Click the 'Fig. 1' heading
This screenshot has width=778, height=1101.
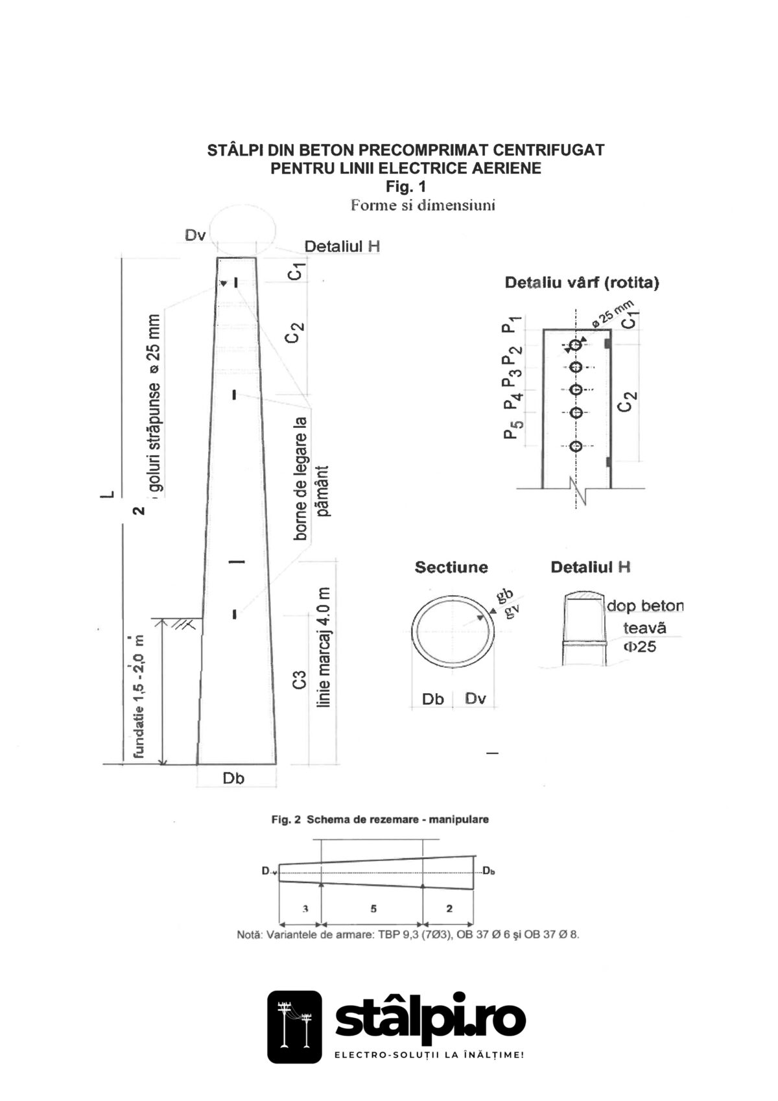[406, 187]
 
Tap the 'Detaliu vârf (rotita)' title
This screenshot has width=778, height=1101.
[582, 283]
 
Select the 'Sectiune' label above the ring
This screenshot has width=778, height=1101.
[451, 567]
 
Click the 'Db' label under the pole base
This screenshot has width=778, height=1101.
[233, 779]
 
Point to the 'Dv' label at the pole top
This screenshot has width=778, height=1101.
[195, 235]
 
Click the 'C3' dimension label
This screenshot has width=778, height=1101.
[299, 681]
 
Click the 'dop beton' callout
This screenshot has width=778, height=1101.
[644, 606]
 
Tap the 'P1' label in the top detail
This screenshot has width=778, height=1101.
[510, 324]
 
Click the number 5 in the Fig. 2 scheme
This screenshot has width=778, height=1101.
[373, 909]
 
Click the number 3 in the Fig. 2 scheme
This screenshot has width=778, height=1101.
[305, 909]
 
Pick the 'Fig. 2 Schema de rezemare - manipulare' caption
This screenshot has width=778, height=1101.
[380, 820]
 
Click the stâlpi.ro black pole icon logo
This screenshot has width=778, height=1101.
[294, 1026]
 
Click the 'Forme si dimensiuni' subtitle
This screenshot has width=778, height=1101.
[423, 206]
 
